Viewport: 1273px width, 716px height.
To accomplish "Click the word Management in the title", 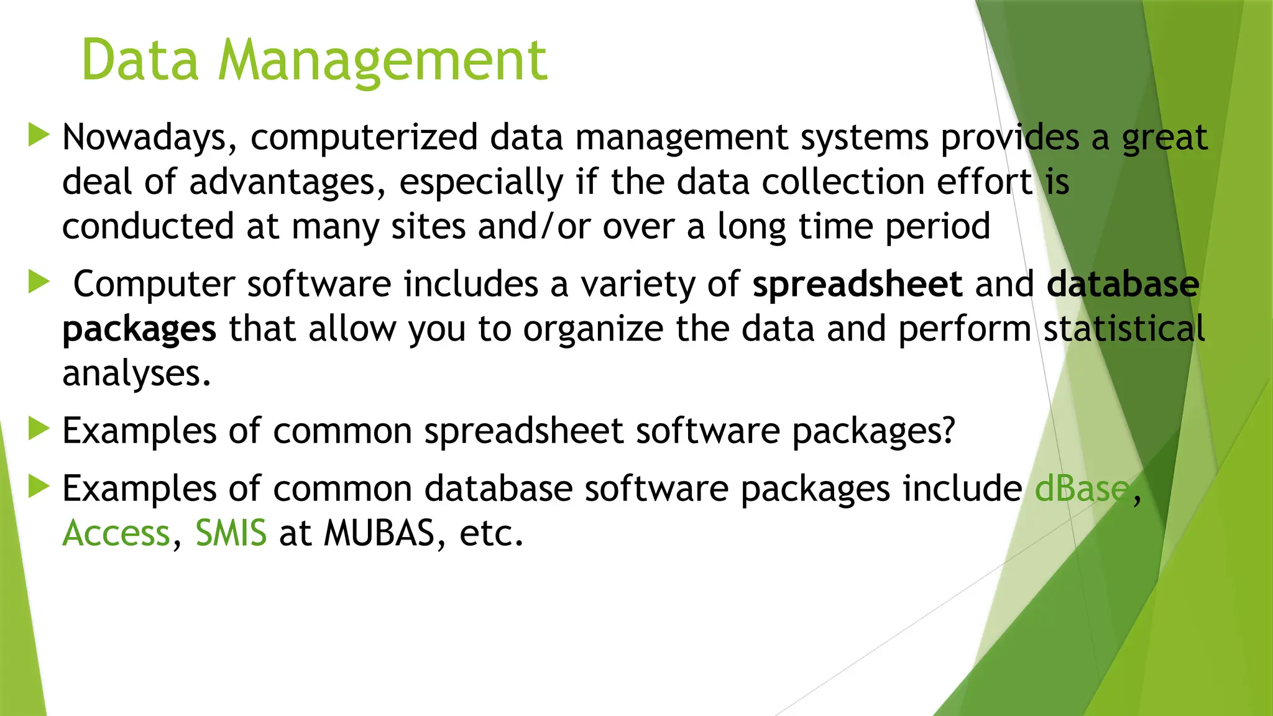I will (x=382, y=61).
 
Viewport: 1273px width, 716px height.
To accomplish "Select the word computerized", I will (x=364, y=138).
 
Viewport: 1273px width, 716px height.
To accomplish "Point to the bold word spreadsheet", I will (x=857, y=285).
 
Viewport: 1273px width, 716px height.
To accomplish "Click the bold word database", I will (x=1123, y=284).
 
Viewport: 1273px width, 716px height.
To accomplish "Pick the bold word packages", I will (x=139, y=330).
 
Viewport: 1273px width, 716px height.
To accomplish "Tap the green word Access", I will (x=116, y=533).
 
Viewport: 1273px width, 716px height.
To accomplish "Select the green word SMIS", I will (x=231, y=533).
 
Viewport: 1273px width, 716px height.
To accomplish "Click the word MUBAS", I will (x=379, y=533).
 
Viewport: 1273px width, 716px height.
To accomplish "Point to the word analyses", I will (x=137, y=374).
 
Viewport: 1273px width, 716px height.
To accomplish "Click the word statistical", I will (x=1124, y=329).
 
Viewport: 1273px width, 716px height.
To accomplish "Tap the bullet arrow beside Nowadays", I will (x=39, y=135).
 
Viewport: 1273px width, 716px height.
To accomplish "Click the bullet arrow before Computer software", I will (x=39, y=282).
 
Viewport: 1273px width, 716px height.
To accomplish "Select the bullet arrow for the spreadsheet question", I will (x=39, y=429).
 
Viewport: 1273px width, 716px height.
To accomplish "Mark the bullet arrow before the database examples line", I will (x=39, y=487).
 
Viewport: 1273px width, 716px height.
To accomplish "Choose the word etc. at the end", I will (x=491, y=533).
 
